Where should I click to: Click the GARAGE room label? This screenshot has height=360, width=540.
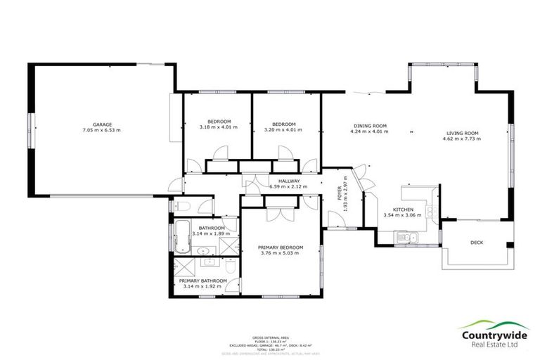tap(102, 124)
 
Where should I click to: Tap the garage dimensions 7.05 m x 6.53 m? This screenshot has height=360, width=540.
tap(102, 130)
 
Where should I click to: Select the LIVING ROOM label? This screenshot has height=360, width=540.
tap(462, 133)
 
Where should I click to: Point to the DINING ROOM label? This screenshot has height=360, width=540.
tap(370, 125)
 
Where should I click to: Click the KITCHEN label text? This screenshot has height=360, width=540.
tap(403, 210)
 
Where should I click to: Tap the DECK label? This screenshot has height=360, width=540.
tap(476, 243)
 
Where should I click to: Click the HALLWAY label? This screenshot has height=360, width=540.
tap(289, 181)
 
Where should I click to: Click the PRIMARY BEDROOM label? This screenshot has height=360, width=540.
tap(280, 247)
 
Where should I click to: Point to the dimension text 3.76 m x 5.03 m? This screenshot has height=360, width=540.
tap(280, 253)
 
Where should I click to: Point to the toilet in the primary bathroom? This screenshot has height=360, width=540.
tap(231, 266)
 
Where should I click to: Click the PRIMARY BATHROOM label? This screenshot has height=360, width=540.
tap(205, 281)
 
